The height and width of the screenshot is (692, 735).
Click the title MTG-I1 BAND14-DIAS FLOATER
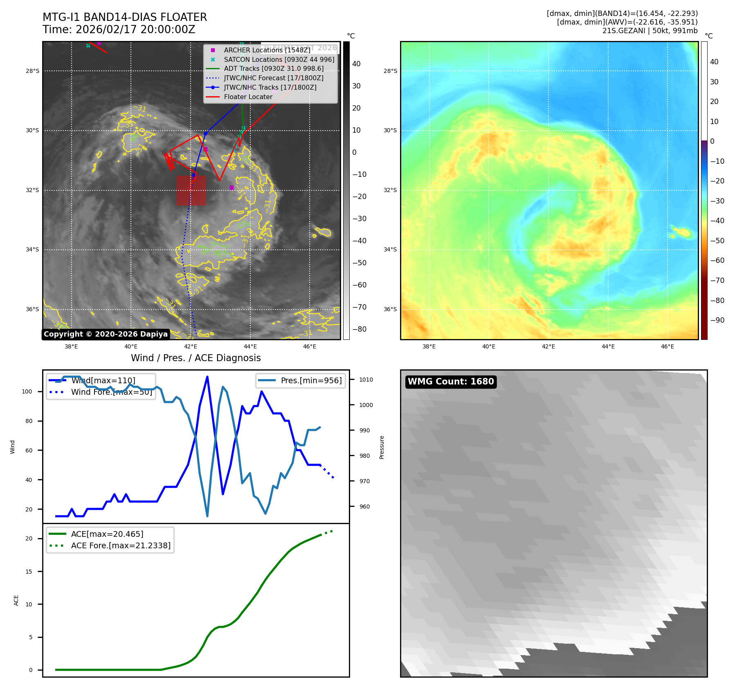point(125,17)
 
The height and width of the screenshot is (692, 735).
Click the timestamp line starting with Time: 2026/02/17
point(119,29)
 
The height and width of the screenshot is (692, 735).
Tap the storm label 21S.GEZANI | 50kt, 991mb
point(650,31)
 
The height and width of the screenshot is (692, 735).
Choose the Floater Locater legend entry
point(248,97)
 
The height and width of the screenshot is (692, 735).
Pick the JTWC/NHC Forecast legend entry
point(273,78)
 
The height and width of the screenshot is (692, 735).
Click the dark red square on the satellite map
point(191,190)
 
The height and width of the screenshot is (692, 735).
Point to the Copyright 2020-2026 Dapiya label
point(106,334)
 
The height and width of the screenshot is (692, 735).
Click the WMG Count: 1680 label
point(451,382)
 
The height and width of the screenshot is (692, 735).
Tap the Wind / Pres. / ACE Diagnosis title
point(196,358)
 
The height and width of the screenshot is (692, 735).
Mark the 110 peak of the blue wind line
point(207,377)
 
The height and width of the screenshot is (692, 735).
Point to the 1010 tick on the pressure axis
point(366,380)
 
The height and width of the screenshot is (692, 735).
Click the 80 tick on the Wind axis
point(29,421)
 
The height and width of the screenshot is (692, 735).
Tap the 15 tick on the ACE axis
point(29,572)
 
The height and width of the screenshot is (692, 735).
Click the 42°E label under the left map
point(191,347)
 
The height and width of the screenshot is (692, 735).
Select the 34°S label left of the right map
point(390,249)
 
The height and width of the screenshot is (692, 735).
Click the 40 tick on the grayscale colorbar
point(356,64)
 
